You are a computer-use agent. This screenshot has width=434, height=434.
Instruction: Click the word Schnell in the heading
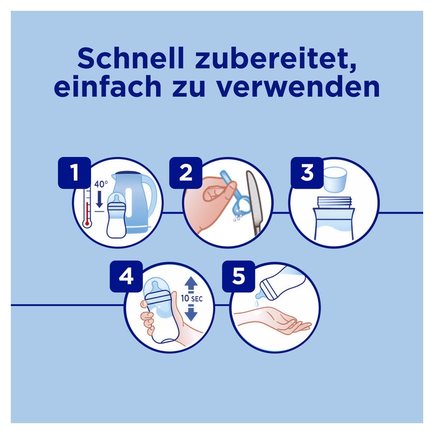click(x=131, y=59)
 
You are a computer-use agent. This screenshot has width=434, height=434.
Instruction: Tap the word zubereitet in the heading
click(x=276, y=59)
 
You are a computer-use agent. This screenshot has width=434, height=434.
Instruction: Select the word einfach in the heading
click(x=107, y=86)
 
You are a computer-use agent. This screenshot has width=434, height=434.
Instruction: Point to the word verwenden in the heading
click(x=298, y=86)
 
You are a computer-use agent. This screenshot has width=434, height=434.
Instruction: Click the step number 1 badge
click(x=74, y=173)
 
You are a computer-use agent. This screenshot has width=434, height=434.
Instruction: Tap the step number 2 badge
click(x=185, y=173)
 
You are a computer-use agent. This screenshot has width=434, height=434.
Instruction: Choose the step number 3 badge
click(x=307, y=173)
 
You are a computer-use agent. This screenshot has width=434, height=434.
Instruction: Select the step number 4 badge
click(x=126, y=276)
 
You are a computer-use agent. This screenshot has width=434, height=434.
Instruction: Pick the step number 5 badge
click(x=239, y=276)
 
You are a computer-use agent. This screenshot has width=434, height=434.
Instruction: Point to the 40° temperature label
click(x=101, y=184)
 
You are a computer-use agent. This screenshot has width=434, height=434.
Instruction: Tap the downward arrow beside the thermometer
click(x=99, y=199)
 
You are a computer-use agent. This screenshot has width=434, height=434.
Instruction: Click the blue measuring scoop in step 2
click(x=234, y=195)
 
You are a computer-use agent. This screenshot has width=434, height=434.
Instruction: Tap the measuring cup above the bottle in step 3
click(x=335, y=179)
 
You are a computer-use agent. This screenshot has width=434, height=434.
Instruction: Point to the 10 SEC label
click(x=192, y=299)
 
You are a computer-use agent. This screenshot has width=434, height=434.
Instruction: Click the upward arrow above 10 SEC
click(x=191, y=285)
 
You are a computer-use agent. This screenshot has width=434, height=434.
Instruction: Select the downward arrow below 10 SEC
click(x=191, y=313)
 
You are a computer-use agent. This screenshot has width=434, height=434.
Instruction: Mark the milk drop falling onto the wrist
click(x=257, y=304)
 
